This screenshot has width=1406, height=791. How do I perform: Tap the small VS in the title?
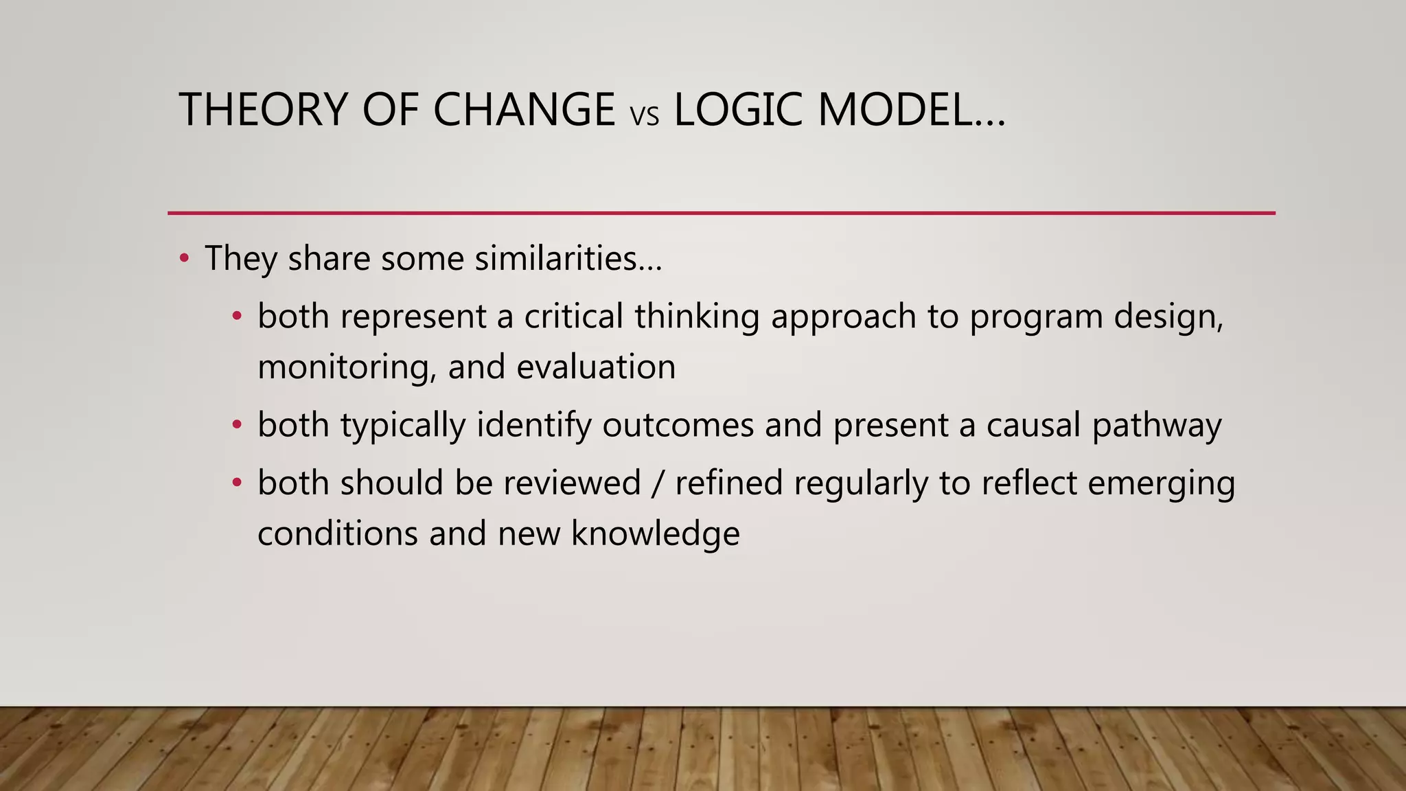click(644, 116)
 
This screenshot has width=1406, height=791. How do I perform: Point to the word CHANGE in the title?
click(524, 110)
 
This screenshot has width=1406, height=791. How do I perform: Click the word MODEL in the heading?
click(895, 110)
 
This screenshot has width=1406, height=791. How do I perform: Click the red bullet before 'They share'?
click(183, 259)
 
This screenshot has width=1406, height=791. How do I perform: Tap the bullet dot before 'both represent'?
click(237, 317)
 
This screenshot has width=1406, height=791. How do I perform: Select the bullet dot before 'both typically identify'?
click(237, 425)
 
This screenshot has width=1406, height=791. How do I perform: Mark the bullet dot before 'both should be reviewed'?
click(237, 483)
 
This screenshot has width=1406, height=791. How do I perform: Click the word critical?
click(574, 317)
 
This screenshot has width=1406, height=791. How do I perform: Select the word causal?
click(1033, 425)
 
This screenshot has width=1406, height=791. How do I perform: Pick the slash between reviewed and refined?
click(658, 483)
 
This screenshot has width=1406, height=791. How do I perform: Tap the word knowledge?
click(655, 534)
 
